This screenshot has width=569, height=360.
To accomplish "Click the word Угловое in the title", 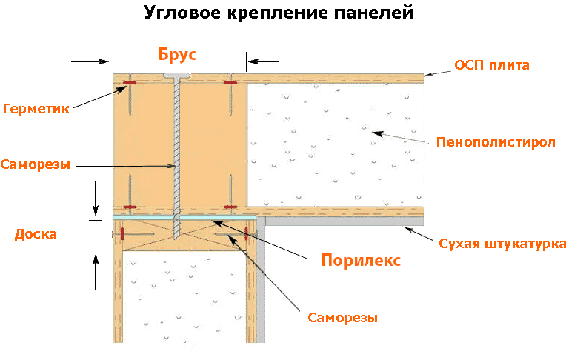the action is pos(182,13).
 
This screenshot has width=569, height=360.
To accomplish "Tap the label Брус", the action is pos(177,54).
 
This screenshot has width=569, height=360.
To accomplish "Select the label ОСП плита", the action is pos(492,65).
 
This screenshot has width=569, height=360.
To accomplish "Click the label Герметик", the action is pos(36,108).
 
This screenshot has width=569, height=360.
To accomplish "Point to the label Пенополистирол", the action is pos(496,142).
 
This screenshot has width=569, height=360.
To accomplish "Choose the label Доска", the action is pos(36,234).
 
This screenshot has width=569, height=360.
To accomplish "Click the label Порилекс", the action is pos(361,260).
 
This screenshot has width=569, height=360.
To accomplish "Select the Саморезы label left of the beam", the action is pos(36,164).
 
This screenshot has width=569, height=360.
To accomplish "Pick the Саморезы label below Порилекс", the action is pos(342,318).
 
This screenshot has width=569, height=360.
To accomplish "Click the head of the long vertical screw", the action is pos(177,76).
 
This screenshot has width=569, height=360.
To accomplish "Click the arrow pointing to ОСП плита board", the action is pos(438,73).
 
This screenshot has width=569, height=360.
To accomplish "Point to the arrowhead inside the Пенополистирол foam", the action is pos(377,133).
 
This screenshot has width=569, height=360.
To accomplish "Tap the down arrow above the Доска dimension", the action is pos(96,198).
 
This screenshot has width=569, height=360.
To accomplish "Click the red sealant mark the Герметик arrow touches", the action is pos(129,83).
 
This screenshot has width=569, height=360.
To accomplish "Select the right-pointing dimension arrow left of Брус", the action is pos(90,61).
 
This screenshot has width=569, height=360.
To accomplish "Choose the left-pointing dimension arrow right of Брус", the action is pos(263,61).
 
